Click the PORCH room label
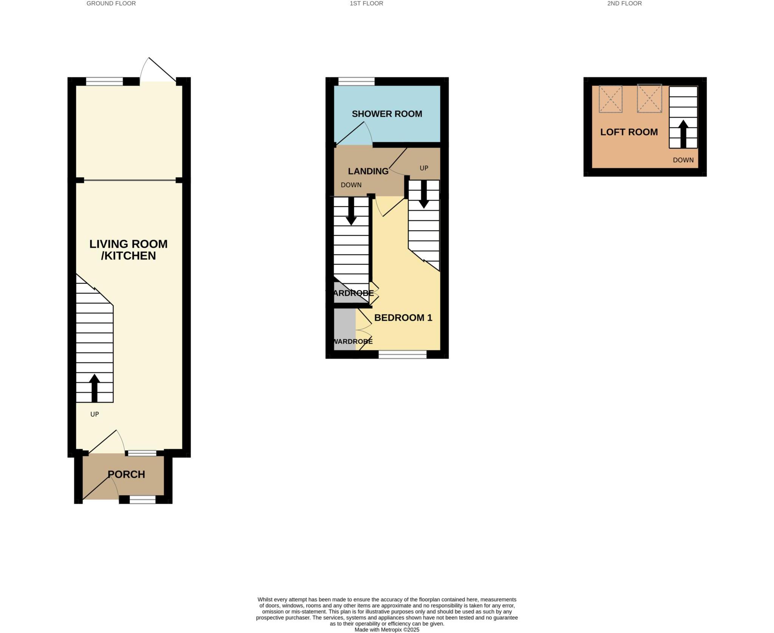tap(126, 474)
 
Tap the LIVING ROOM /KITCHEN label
tap(128, 250)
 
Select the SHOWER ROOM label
tap(387, 114)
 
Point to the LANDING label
tap(368, 171)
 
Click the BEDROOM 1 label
tap(403, 318)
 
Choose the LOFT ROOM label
tap(629, 132)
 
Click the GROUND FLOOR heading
tap(111, 3)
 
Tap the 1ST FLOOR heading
tap(366, 3)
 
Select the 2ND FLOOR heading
tap(624, 3)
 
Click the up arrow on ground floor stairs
tap(94, 388)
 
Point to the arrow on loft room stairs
tap(683, 134)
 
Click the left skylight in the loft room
tap(610, 99)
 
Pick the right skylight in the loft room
tap(649, 98)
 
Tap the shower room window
tap(356, 81)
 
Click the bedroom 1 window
tap(402, 354)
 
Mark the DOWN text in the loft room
tap(683, 160)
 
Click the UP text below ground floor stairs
tap(94, 414)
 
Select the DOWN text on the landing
tap(351, 185)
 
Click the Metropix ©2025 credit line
tap(387, 630)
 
